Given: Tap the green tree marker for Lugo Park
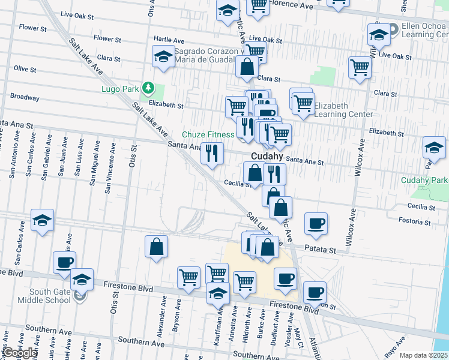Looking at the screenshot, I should pyautogui.click(x=148, y=89).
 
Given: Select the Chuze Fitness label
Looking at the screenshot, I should pyautogui.click(x=208, y=134).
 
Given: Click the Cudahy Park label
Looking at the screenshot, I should pyautogui.click(x=424, y=180).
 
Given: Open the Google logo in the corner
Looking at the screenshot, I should pyautogui.click(x=19, y=353).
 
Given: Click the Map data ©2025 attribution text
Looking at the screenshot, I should pyautogui.click(x=424, y=355).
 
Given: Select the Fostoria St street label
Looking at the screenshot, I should pyautogui.click(x=415, y=221).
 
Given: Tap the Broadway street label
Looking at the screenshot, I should pyautogui.click(x=25, y=97).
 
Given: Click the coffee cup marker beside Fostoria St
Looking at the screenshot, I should pyautogui.click(x=316, y=223).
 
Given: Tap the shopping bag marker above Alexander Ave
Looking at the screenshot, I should pyautogui.click(x=156, y=247).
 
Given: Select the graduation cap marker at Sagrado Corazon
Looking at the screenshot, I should pyautogui.click(x=163, y=56).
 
